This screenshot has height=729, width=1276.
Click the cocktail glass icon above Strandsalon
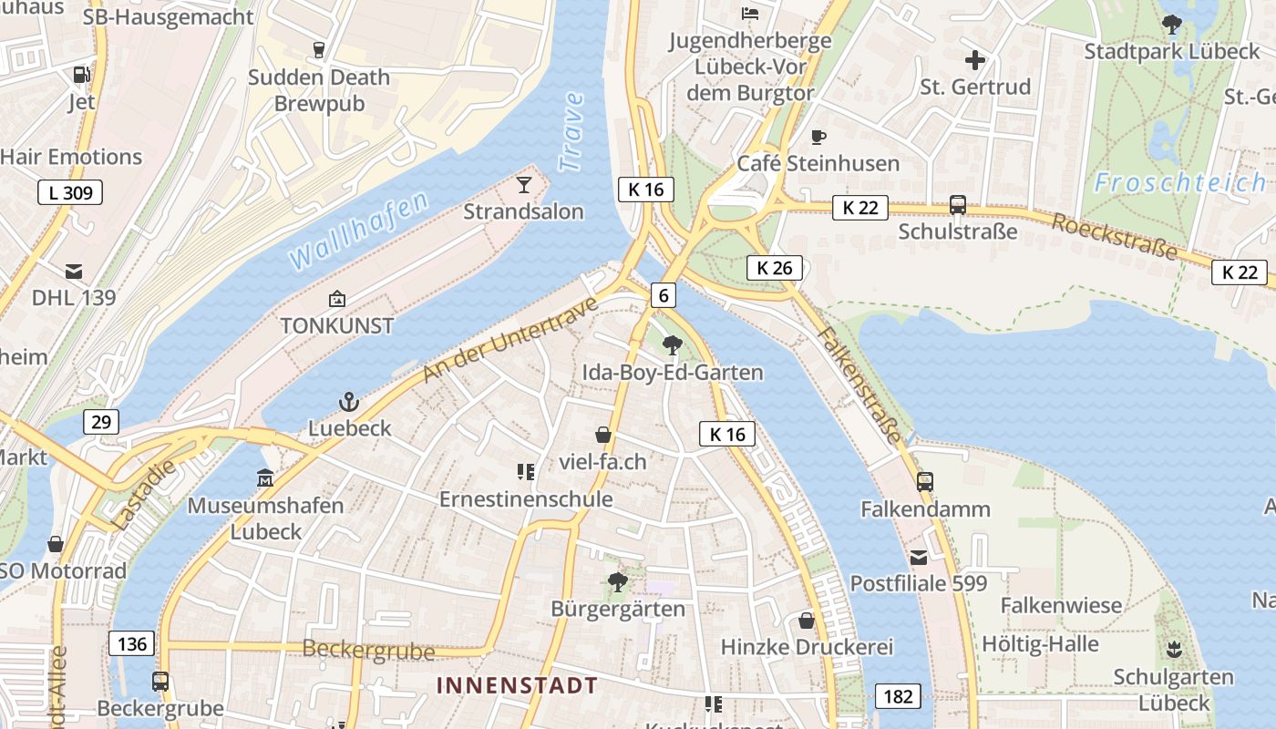pyautogui.click(x=523, y=185)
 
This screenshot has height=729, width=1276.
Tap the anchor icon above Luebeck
pyautogui.click(x=349, y=402)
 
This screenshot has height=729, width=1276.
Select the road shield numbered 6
pyautogui.click(x=664, y=295)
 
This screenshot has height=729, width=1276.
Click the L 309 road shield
pyautogui.click(x=70, y=192)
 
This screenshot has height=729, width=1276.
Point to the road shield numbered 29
pyautogui.click(x=100, y=421)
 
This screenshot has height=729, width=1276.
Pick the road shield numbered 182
pyautogui.click(x=898, y=696)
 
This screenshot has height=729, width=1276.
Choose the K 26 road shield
pyautogui.click(x=775, y=267)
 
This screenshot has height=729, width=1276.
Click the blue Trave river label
pyautogui.click(x=571, y=132)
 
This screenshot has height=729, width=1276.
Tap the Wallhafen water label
pyautogui.click(x=358, y=230)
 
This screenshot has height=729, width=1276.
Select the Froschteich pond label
pyautogui.click(x=1179, y=182)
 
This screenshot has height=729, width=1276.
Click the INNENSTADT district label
pyautogui.click(x=518, y=685)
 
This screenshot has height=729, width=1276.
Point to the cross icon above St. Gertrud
pyautogui.click(x=975, y=61)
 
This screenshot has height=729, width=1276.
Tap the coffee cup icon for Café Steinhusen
pyautogui.click(x=818, y=138)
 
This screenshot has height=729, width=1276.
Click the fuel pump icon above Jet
pyautogui.click(x=81, y=76)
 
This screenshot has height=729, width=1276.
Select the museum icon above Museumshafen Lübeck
pyautogui.click(x=265, y=477)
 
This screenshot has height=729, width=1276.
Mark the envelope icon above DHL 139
pyautogui.click(x=74, y=272)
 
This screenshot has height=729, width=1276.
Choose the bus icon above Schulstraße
pyautogui.click(x=958, y=205)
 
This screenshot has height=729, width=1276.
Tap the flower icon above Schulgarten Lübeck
pyautogui.click(x=1173, y=650)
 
